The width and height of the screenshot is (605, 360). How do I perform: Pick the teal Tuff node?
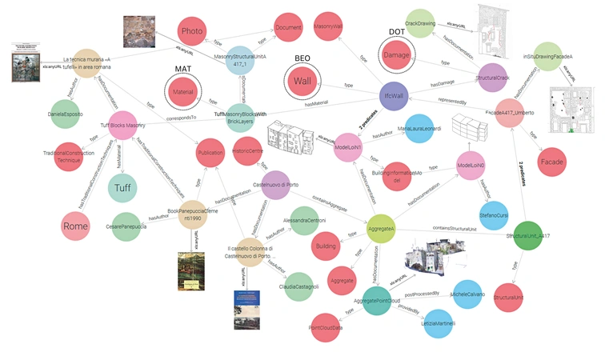coord(122,188)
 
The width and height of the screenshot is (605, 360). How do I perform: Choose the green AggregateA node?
coord(380,230)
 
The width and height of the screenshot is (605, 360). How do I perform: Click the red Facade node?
coord(553,162)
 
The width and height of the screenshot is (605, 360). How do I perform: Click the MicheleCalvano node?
coord(469,295)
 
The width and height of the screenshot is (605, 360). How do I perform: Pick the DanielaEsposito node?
coord(66,114)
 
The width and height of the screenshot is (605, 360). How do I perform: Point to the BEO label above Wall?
coord(302,58)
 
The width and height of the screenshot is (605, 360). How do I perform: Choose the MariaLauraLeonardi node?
coord(420,129)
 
